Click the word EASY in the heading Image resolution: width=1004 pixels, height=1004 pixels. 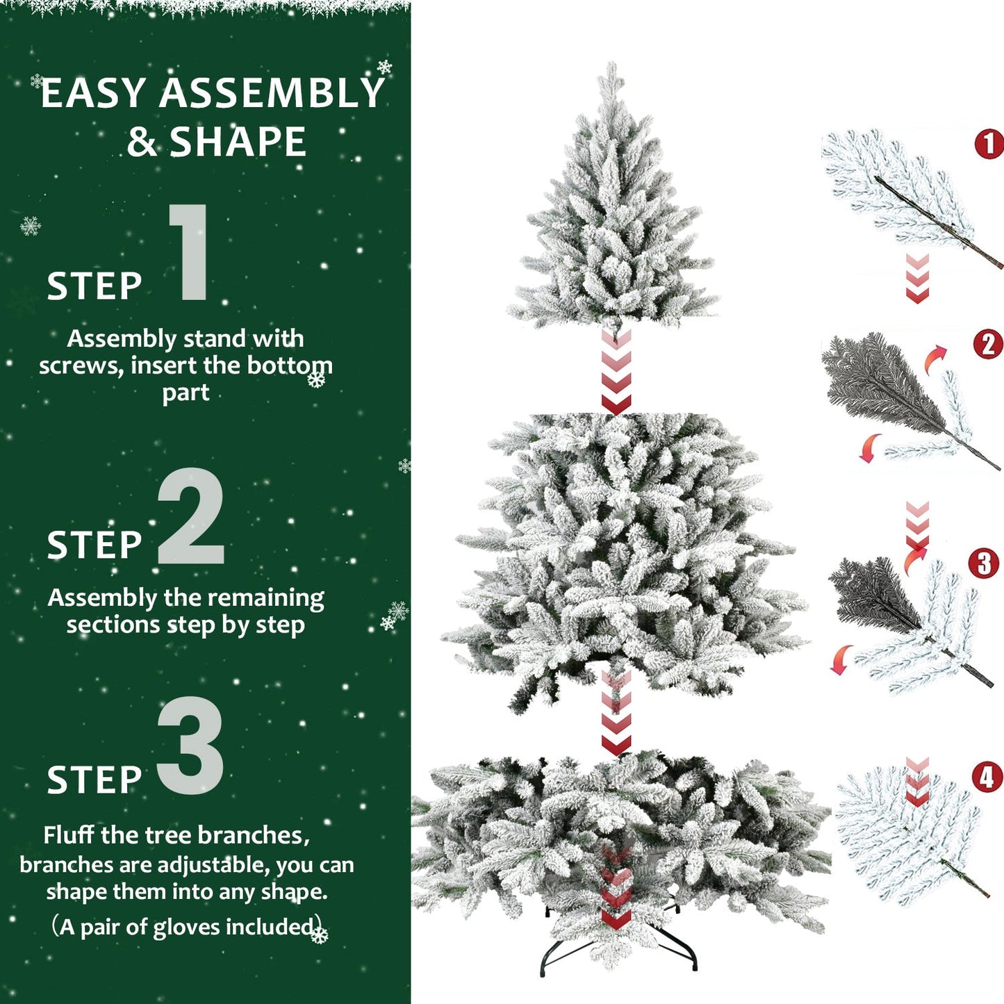[x=93, y=94]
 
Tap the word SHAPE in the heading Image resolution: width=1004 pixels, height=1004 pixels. [x=238, y=142]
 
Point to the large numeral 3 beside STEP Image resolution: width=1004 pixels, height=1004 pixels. [x=191, y=746]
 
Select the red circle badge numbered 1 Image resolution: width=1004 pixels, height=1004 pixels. [x=988, y=145]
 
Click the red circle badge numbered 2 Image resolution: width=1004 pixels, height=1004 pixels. [x=988, y=345]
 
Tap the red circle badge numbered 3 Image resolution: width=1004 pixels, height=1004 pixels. [x=984, y=563]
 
